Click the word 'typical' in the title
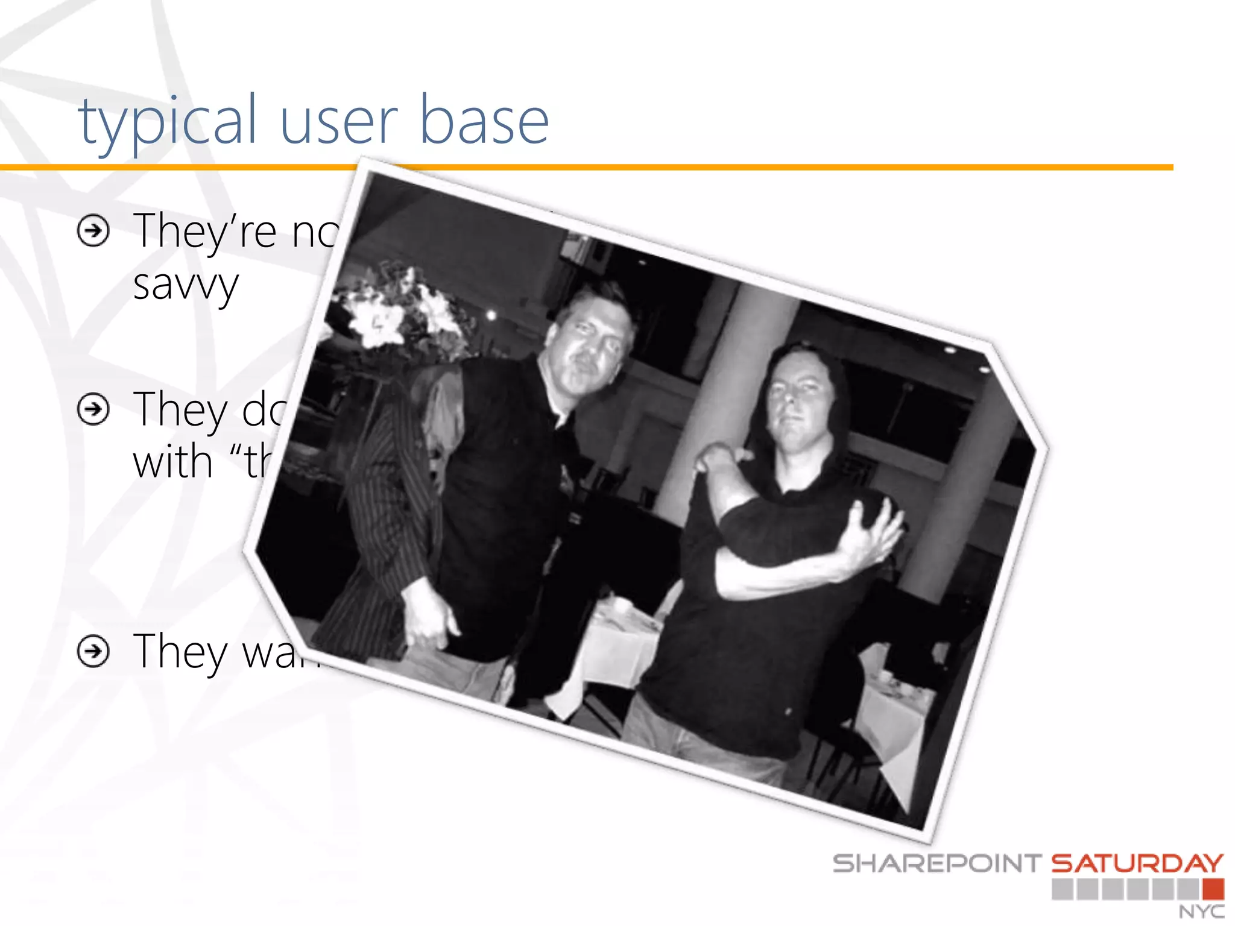point(168,122)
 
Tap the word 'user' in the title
point(338,122)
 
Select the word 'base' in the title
point(484,122)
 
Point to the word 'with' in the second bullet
point(172,462)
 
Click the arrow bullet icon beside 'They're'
point(93,230)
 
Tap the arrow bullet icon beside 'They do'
point(93,409)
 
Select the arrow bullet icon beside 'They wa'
point(93,651)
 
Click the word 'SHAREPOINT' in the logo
point(937,863)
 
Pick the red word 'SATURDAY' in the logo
point(1137,863)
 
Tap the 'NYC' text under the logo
point(1201,912)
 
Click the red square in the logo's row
point(1213,889)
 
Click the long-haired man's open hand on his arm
point(874,531)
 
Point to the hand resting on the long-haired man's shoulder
point(721,458)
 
